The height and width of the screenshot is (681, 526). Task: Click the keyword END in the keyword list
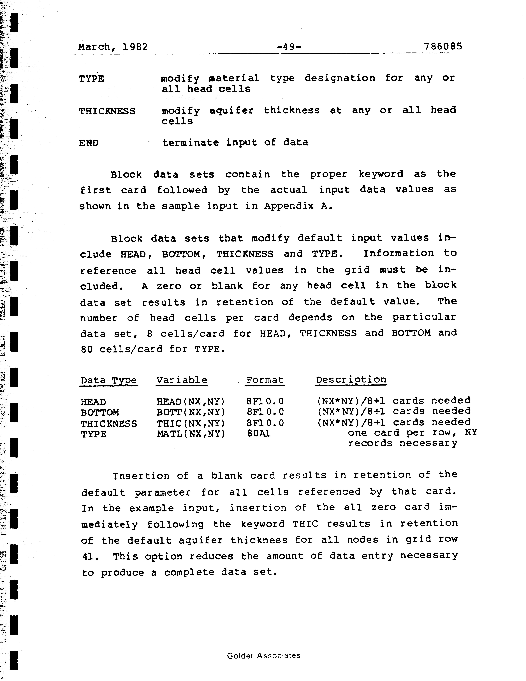[x=89, y=143]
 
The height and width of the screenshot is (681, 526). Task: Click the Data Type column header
[x=108, y=380]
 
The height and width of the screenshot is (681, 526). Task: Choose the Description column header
[x=351, y=380]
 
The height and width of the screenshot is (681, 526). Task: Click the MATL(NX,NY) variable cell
[x=191, y=434]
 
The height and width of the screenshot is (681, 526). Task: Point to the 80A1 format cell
[x=258, y=434]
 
